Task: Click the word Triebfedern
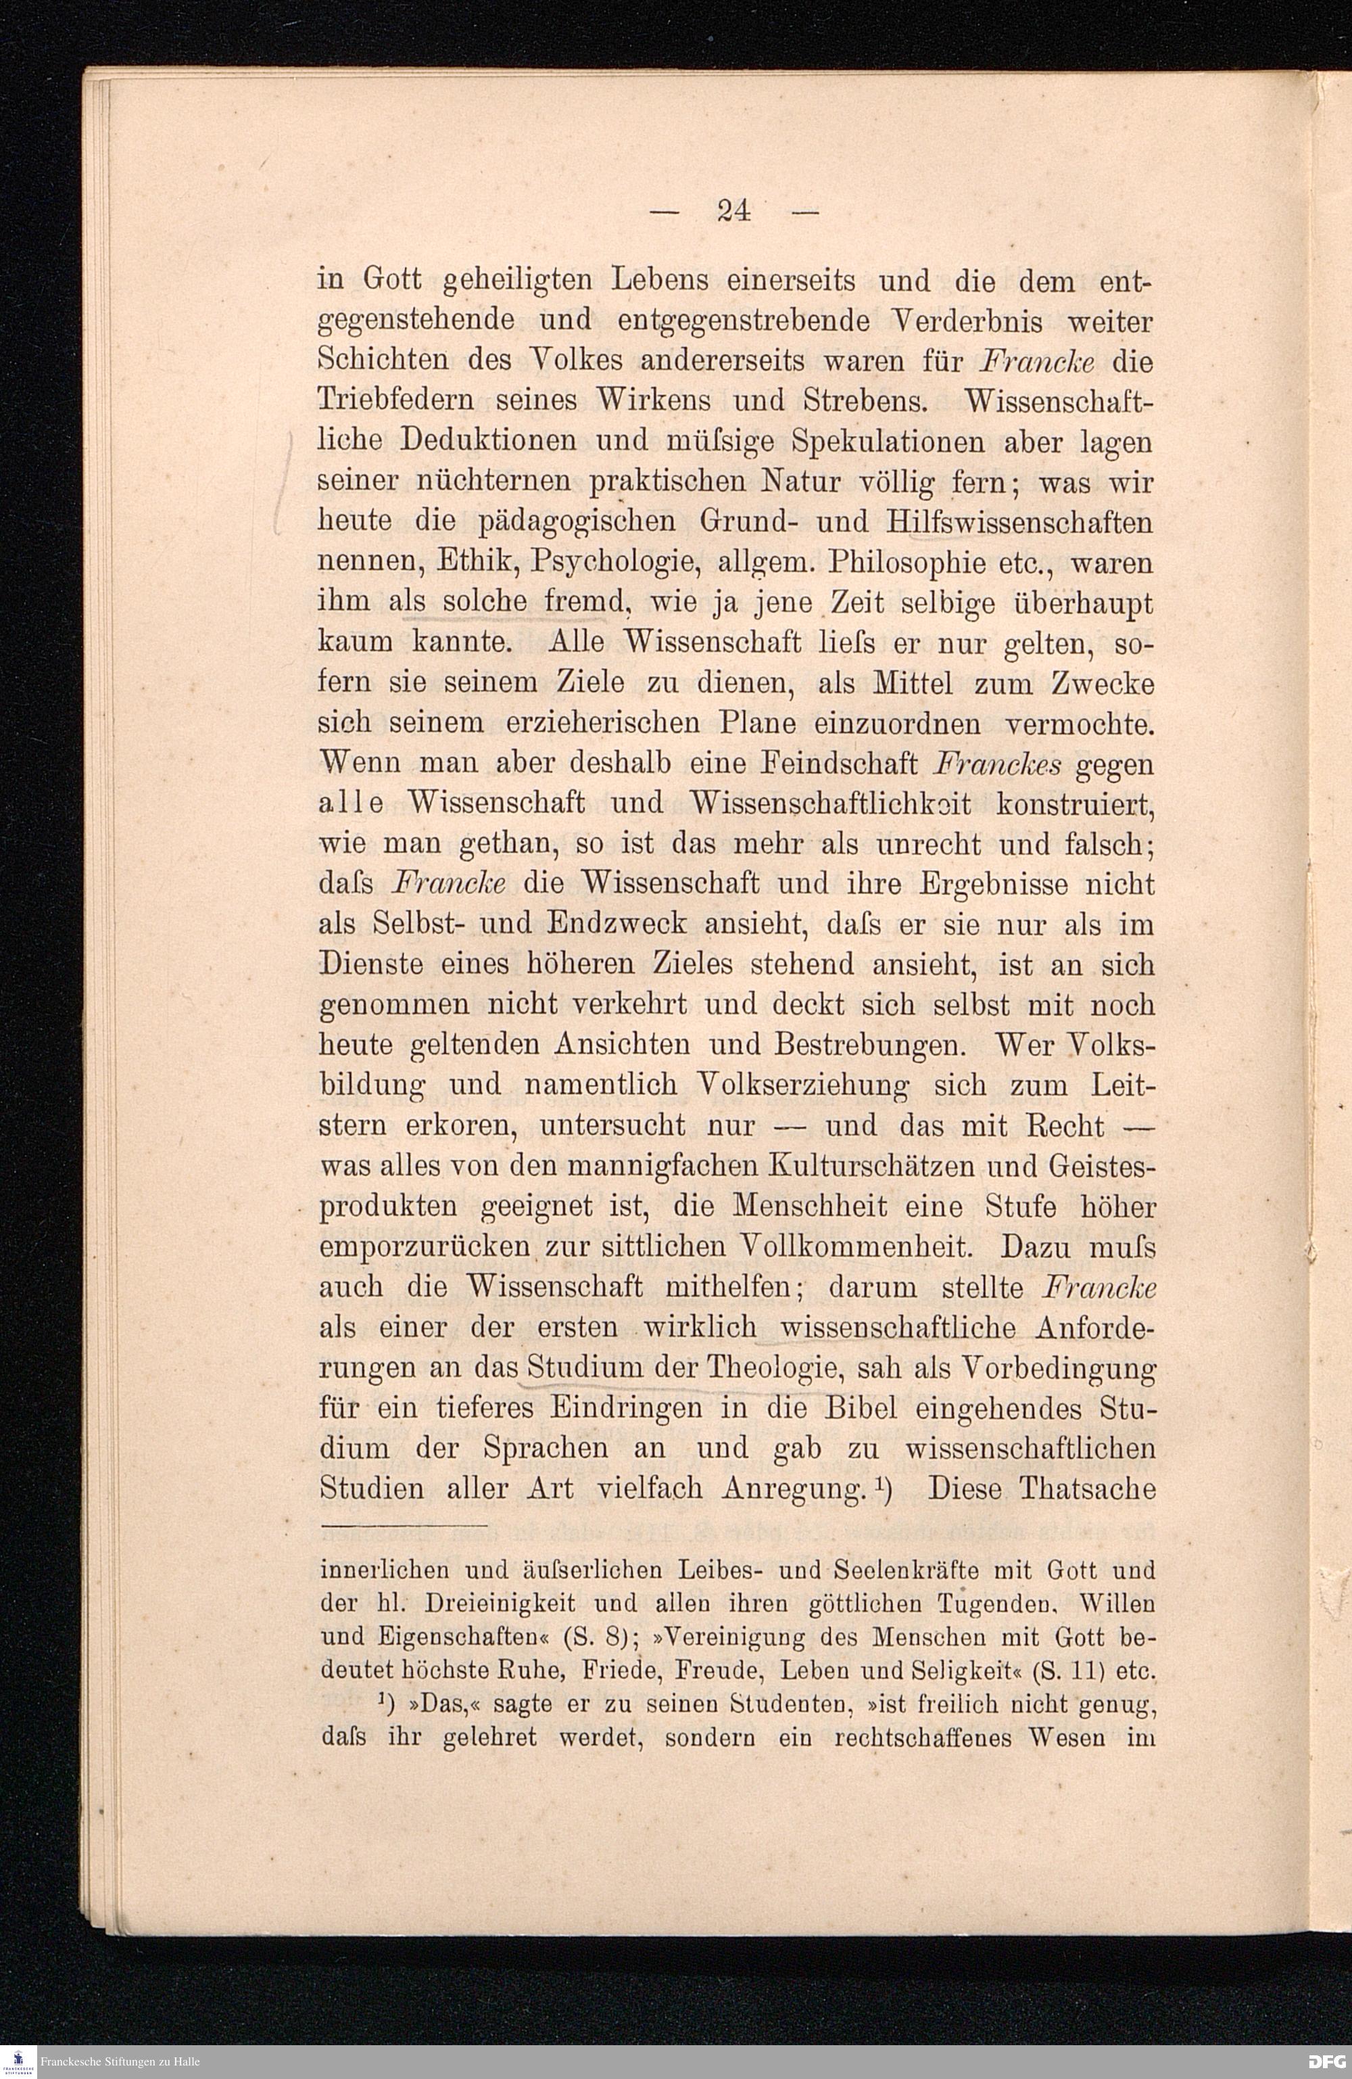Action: coord(394,402)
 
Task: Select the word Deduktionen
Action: coord(487,441)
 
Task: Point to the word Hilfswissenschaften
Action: coord(1017,521)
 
